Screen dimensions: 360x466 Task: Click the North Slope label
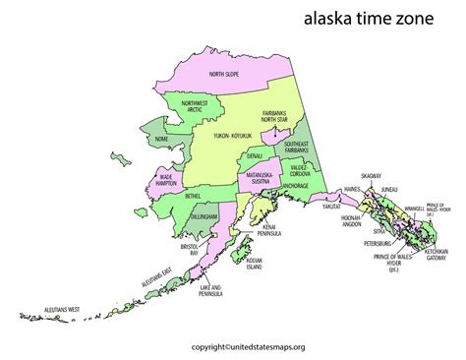click(x=225, y=74)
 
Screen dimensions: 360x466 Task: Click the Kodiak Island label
click(x=253, y=264)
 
